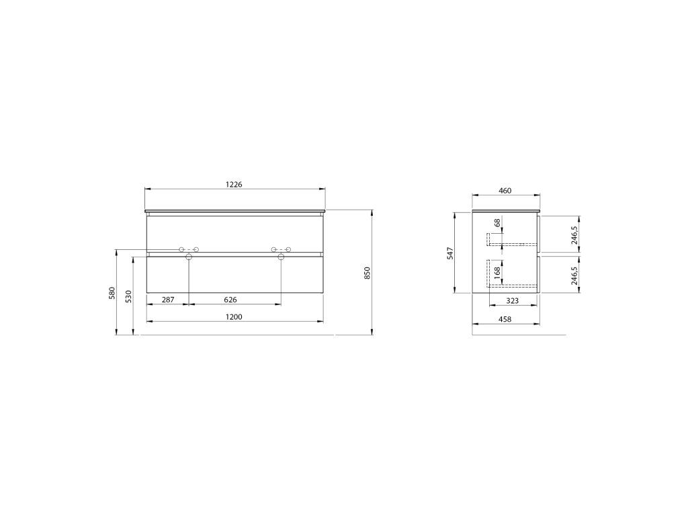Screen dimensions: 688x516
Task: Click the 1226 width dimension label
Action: click(234, 184)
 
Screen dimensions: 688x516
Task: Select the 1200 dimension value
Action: click(234, 317)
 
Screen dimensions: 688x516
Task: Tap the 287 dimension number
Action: click(168, 300)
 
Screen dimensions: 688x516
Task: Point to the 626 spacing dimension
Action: click(230, 300)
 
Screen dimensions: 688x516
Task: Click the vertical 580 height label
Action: click(112, 293)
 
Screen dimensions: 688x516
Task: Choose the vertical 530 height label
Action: click(128, 296)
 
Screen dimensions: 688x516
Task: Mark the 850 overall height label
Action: click(368, 273)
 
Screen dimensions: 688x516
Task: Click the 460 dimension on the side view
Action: click(505, 190)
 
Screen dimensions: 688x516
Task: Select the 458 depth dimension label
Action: click(505, 319)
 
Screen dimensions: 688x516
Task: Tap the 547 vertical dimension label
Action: click(450, 253)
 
